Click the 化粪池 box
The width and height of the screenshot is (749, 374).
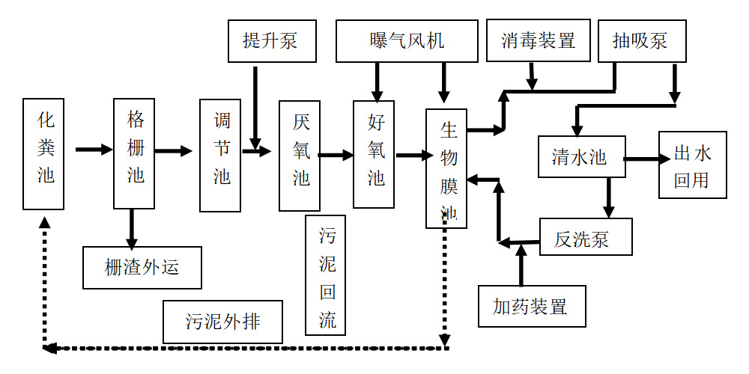coord(43,153)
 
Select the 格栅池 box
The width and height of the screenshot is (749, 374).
coord(134,153)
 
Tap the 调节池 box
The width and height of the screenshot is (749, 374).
coord(220,156)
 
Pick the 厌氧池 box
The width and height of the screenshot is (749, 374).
coord(300,156)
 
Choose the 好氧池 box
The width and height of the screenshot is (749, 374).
coord(374,154)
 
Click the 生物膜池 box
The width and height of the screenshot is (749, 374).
coord(446,168)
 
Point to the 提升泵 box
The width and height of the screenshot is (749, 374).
coord(273,41)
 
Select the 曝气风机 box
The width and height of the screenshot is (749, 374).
coord(407,41)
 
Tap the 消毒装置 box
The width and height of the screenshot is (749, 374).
coord(538,40)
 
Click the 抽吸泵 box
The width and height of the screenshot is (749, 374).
coord(640,40)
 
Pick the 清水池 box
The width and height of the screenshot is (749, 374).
coord(581,156)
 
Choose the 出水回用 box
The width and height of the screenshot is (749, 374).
coord(693,165)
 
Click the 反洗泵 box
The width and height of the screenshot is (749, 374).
coord(586,236)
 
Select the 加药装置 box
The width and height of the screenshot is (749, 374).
coord(532,306)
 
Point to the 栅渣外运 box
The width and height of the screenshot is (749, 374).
coord(142,268)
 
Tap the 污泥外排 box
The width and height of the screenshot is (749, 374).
coord(223,322)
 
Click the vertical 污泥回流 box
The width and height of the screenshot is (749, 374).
coord(325,275)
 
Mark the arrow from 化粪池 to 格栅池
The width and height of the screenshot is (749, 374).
coord(94,150)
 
